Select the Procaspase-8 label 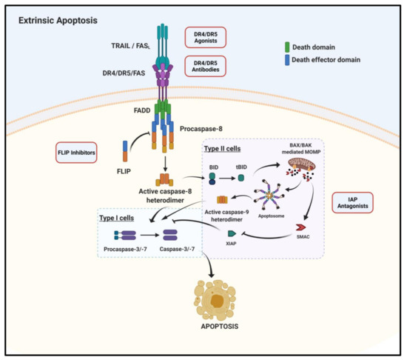tap(200, 130)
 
